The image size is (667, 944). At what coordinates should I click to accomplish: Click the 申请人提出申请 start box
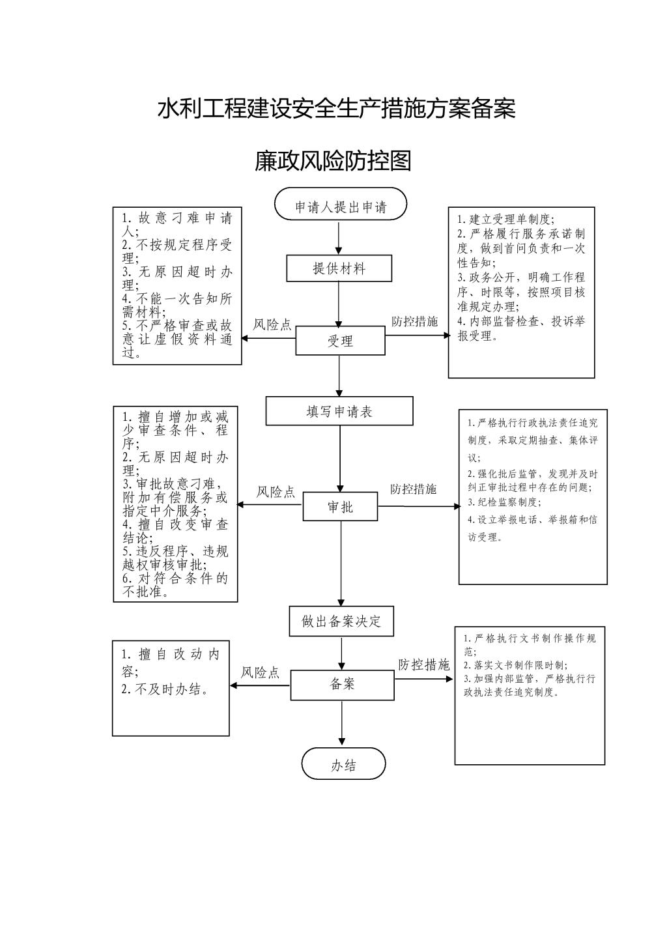tap(341, 207)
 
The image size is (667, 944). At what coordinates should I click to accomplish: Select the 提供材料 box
tap(339, 268)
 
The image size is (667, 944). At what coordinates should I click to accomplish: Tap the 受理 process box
tap(340, 341)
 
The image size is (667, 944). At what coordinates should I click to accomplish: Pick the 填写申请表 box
tap(339, 412)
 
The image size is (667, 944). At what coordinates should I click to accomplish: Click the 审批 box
tap(340, 506)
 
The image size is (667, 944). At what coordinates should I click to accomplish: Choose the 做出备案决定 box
tap(341, 621)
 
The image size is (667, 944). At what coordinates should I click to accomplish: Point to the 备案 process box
tap(342, 684)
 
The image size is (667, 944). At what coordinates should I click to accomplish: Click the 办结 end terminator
tap(343, 765)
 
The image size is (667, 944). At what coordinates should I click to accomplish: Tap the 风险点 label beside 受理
tap(272, 324)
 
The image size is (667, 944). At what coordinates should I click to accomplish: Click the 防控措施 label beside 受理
tap(414, 321)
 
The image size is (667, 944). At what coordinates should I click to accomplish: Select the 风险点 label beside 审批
tap(276, 492)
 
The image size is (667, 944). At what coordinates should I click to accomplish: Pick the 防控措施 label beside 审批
tap(414, 489)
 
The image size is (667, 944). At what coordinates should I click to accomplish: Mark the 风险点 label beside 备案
tap(260, 672)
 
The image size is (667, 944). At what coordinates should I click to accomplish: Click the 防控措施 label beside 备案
tap(424, 665)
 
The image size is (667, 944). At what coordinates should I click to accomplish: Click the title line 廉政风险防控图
tap(333, 161)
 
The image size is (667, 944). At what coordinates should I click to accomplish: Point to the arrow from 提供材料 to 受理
tap(339, 304)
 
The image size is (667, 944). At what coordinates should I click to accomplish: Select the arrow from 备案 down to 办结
tap(342, 723)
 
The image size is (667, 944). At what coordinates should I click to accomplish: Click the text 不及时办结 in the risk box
tap(166, 689)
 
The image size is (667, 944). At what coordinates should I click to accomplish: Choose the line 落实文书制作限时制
tap(515, 665)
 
